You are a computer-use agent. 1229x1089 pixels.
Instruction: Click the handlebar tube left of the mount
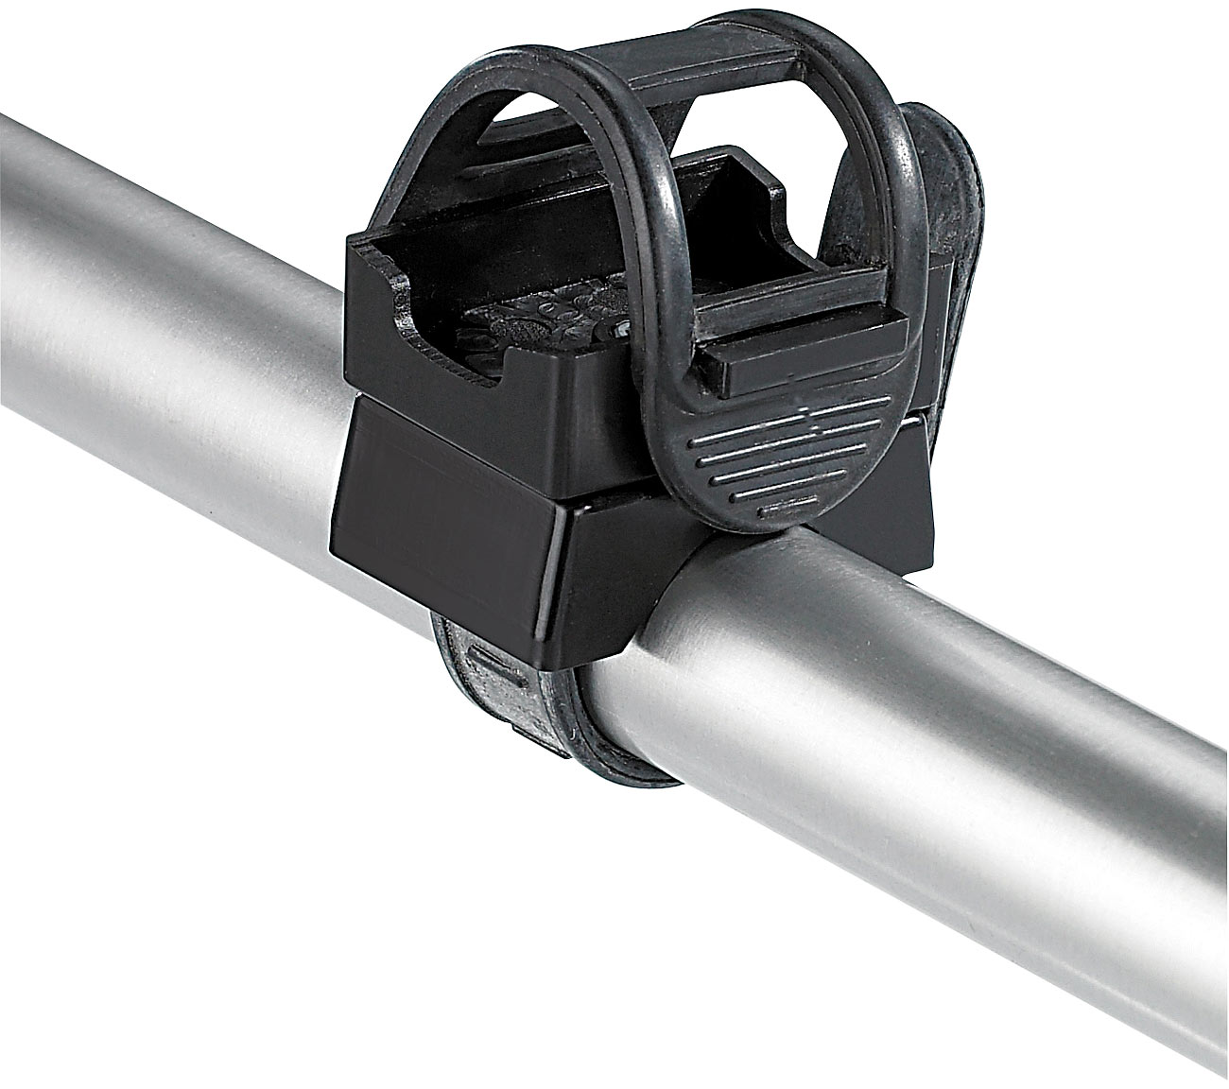(170, 359)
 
